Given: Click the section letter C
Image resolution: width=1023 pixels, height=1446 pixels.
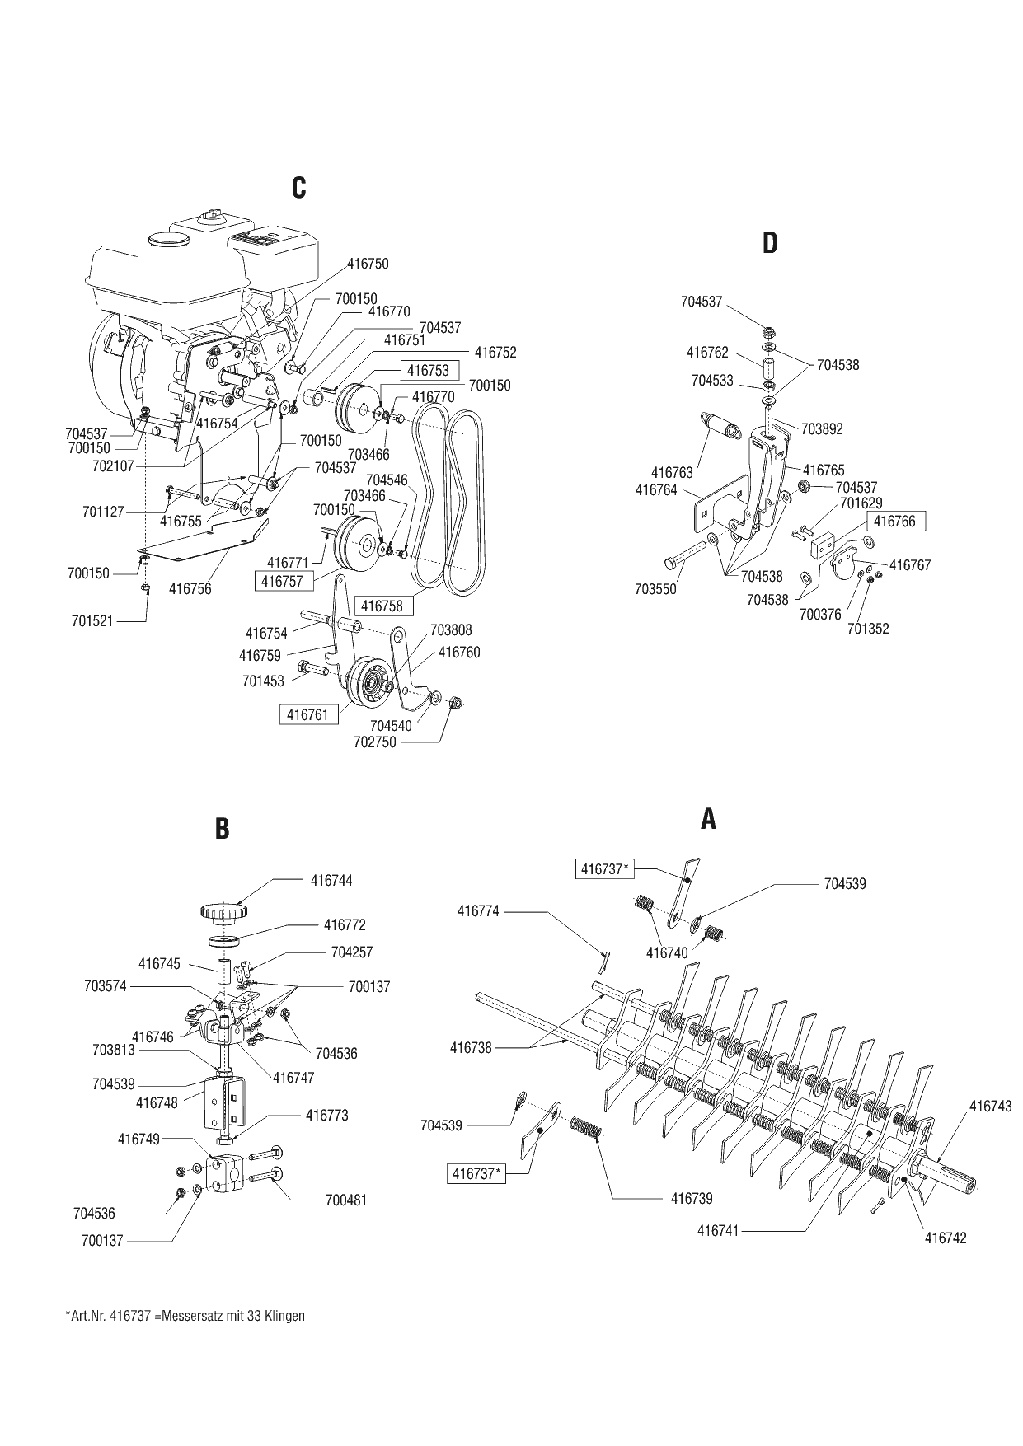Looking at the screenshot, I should pos(298,188).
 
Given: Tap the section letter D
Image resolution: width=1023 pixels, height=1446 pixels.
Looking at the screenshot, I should pos(769,243).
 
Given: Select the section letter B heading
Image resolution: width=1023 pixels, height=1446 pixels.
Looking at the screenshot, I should pos(222,828).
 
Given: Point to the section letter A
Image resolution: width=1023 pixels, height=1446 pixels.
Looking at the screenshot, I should pos(708,819).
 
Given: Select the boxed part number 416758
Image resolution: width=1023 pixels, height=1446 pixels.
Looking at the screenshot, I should pos(381,606).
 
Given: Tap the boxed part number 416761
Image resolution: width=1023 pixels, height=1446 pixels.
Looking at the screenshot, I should pos(307,715).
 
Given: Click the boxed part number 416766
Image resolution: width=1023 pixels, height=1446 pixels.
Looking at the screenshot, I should pos(894,522).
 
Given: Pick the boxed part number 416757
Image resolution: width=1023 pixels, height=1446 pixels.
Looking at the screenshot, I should pos(283,582).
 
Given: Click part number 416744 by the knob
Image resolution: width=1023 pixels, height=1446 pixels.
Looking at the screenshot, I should pos(331,880).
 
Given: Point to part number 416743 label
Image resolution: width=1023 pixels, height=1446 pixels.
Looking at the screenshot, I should pos(990,1107).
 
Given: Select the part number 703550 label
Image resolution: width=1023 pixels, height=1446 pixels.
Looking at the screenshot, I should pos(655,589).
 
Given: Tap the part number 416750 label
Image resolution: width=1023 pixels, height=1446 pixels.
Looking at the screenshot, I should pos(368,264).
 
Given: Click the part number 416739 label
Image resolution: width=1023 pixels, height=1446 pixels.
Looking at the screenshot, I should pos(692,1198).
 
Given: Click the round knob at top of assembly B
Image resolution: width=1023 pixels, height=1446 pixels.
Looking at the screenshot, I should pos(223,912).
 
